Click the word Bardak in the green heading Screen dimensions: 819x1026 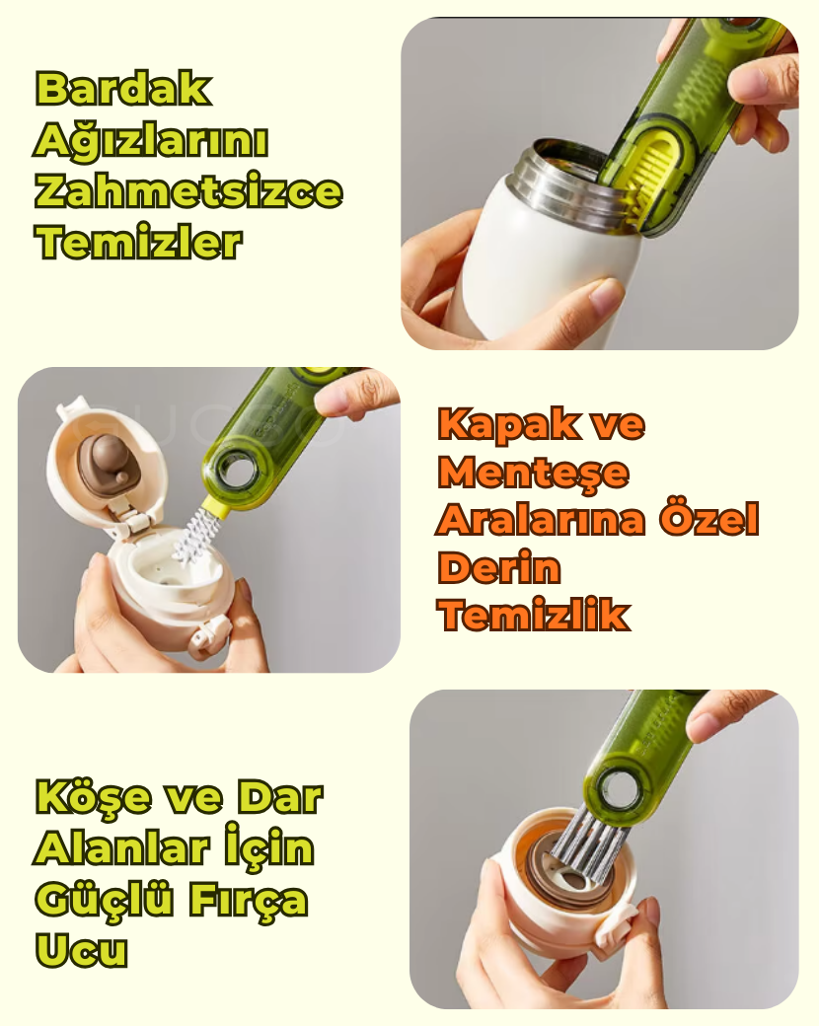123,89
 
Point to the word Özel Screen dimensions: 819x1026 709,519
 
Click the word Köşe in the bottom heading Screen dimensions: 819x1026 93,798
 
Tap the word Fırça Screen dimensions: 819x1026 249,900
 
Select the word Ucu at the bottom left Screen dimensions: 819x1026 81,949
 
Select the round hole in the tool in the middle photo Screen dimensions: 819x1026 235,470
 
